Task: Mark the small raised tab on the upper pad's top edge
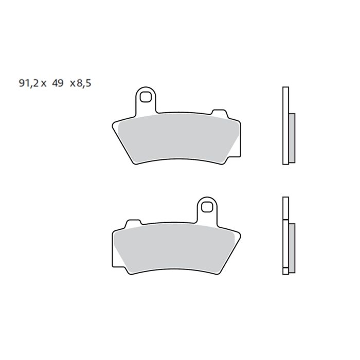coord(220,113)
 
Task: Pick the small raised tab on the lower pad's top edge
coord(132,222)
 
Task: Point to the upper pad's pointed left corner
coord(114,124)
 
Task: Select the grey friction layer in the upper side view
coord(292,137)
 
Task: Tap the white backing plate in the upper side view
coord(285,126)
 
